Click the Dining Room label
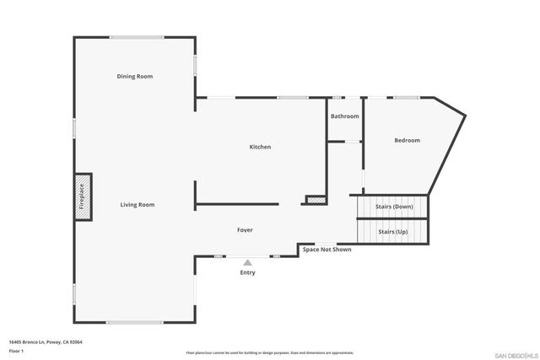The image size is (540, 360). click(134, 77)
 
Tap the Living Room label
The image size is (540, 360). click(137, 205)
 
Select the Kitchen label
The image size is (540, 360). click(260, 148)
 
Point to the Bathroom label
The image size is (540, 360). click(344, 116)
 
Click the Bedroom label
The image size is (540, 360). click(407, 141)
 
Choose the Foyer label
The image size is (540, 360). click(245, 230)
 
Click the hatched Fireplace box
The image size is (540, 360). click(83, 196)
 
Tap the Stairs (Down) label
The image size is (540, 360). click(394, 207)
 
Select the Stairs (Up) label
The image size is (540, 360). click(392, 231)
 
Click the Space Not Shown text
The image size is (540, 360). click(327, 250)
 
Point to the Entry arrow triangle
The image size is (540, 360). click(247, 263)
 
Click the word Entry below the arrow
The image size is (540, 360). click(247, 272)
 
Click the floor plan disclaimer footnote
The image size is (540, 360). click(269, 353)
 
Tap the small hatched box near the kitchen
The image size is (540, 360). click(315, 200)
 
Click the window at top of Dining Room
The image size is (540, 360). click(136, 37)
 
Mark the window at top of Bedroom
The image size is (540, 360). click(407, 98)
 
